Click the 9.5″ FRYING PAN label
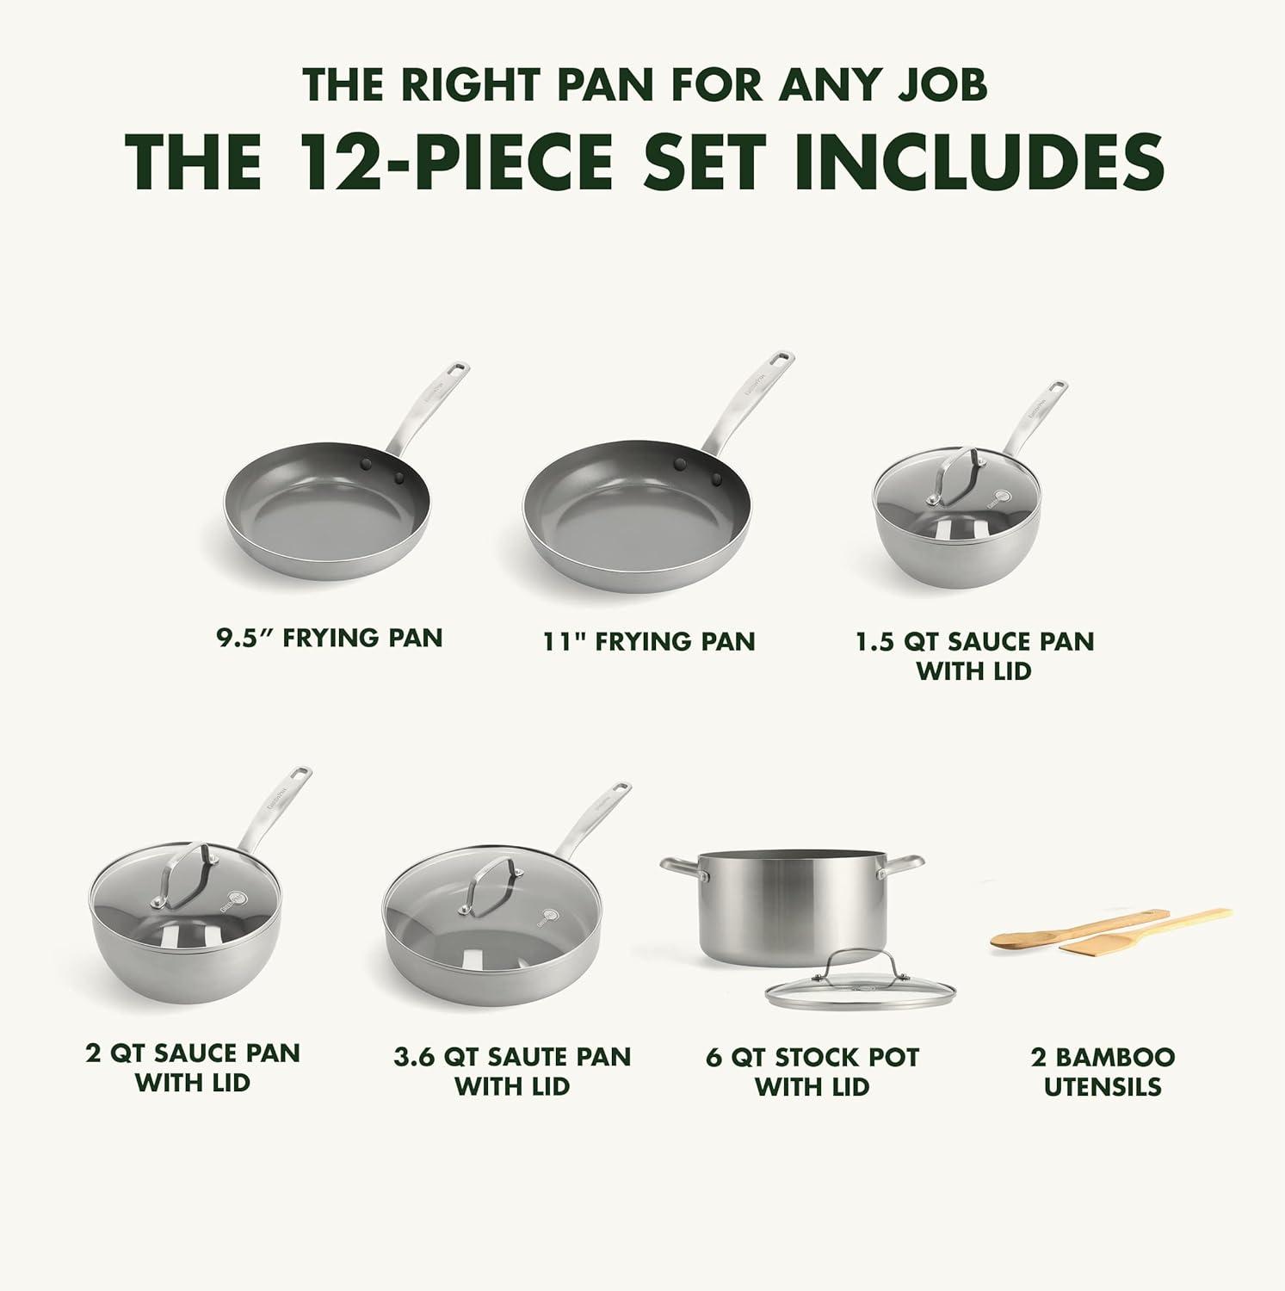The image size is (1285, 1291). [329, 638]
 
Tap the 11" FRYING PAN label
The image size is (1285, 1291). [649, 641]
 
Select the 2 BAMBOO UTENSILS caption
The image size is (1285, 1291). [1103, 1072]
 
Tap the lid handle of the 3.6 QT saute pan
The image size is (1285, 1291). [491, 884]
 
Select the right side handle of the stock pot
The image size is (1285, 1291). [900, 868]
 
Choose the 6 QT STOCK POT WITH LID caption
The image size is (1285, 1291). [812, 1072]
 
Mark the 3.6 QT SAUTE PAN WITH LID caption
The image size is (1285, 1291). [512, 1072]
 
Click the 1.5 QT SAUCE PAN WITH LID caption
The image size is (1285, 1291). [974, 655]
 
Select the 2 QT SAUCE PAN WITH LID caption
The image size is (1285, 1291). [193, 1067]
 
